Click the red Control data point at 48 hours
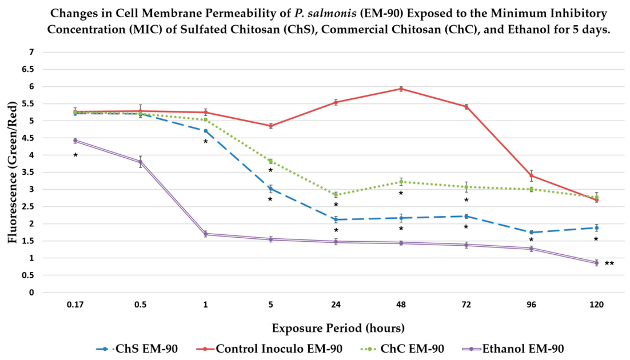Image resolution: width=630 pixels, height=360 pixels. pyautogui.click(x=401, y=89)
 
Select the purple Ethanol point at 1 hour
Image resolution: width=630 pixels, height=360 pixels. pyautogui.click(x=206, y=234)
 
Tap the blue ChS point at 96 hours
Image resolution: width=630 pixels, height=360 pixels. pyautogui.click(x=531, y=232)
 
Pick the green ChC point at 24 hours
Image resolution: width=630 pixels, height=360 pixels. pyautogui.click(x=336, y=195)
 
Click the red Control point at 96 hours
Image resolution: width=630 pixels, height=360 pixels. pyautogui.click(x=531, y=175)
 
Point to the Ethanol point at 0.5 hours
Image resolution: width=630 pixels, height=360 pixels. pyautogui.click(x=140, y=162)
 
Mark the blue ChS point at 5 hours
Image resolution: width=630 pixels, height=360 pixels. pyautogui.click(x=271, y=189)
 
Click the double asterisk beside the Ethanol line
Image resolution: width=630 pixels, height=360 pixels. pyautogui.click(x=609, y=264)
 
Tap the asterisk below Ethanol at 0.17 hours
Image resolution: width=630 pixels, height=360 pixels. pyautogui.click(x=75, y=155)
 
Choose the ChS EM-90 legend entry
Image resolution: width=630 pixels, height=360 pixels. pyautogui.click(x=137, y=349)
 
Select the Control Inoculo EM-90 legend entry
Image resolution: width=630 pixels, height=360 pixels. pyautogui.click(x=269, y=349)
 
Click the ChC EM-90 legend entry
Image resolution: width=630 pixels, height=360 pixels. pyautogui.click(x=402, y=349)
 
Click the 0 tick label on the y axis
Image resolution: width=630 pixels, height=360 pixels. pyautogui.click(x=31, y=293)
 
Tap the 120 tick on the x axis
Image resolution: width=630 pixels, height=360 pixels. pyautogui.click(x=597, y=305)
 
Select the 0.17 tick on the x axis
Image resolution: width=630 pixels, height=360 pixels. pyautogui.click(x=75, y=305)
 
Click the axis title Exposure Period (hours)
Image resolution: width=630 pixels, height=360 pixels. pyautogui.click(x=338, y=328)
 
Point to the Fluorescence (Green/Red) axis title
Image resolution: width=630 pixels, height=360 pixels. pyautogui.click(x=13, y=173)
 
